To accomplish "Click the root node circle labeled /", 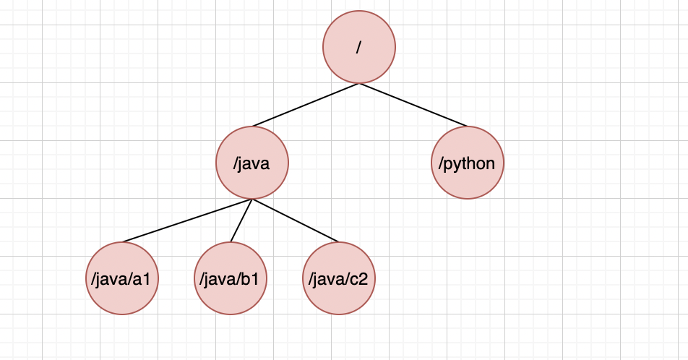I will (x=359, y=47).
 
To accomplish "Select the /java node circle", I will (x=251, y=163).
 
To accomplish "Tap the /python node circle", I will (x=467, y=163).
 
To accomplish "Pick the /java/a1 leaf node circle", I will (x=122, y=278).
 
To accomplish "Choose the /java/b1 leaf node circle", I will (x=231, y=278).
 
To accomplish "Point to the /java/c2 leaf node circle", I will (x=338, y=278).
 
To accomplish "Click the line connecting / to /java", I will (x=306, y=105).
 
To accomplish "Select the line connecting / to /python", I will (x=413, y=105).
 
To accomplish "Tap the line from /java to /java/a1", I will (x=186, y=220).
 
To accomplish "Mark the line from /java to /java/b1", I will (x=241, y=220).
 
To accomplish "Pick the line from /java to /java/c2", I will (x=295, y=220).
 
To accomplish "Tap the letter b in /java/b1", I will (x=249, y=278).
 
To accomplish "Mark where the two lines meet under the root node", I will (x=359, y=83).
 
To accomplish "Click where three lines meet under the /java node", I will (x=251, y=200).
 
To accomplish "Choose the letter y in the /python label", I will (x=457, y=164).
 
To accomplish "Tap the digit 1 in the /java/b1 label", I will (x=257, y=278).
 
